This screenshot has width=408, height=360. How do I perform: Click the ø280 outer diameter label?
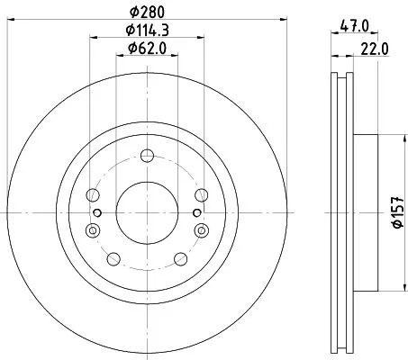[x=147, y=12]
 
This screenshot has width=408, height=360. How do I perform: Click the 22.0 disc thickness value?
[x=369, y=52]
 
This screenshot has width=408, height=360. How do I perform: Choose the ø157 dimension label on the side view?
[x=396, y=212]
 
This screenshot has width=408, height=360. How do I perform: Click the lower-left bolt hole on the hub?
[x=113, y=259]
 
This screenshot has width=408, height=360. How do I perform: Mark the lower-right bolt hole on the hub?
[x=181, y=259]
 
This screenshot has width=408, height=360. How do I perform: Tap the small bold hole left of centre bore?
[x=97, y=212]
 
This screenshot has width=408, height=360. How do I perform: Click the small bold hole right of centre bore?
[x=196, y=212]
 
